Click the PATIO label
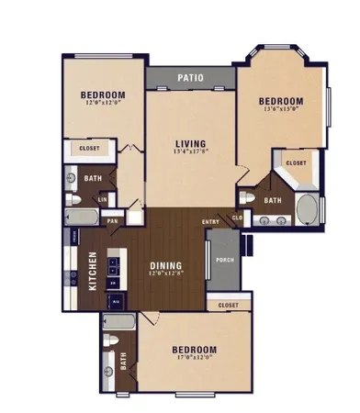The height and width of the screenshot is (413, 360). [x=191, y=79]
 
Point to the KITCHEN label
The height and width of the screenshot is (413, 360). [x=93, y=272]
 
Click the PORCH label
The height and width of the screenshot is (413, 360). [x=224, y=259]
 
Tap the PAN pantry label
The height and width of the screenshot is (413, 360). [x=113, y=221]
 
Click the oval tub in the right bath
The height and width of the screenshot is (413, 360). [x=307, y=210]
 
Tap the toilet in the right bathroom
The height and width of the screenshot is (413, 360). [x=247, y=197]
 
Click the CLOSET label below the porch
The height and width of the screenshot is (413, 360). [x=229, y=305]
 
